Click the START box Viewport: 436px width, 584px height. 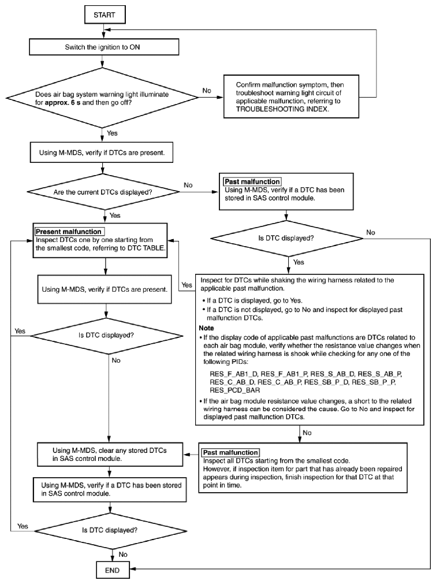click(x=105, y=15)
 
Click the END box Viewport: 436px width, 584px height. click(x=113, y=570)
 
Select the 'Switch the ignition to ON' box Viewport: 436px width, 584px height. click(x=104, y=47)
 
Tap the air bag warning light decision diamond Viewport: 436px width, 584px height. click(x=102, y=98)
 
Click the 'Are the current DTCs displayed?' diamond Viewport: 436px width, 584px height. click(x=103, y=192)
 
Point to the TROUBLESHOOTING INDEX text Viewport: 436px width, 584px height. click(x=282, y=109)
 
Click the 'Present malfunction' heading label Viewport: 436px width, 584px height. click(x=69, y=232)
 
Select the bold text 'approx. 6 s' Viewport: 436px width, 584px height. click(x=62, y=102)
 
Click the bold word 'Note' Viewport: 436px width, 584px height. click(x=206, y=328)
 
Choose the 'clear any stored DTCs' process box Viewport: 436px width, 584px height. click(x=110, y=455)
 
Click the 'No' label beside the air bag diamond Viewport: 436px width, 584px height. click(x=207, y=91)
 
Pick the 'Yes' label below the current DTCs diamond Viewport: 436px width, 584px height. click(x=115, y=215)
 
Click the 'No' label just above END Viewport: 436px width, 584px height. click(x=123, y=555)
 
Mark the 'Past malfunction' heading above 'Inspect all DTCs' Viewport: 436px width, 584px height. click(x=230, y=452)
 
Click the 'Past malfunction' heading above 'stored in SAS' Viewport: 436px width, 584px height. click(x=252, y=182)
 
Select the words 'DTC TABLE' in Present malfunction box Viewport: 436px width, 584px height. click(x=147, y=248)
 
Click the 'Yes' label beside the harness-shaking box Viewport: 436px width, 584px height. click(x=187, y=285)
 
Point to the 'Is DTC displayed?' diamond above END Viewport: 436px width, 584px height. click(x=110, y=530)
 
